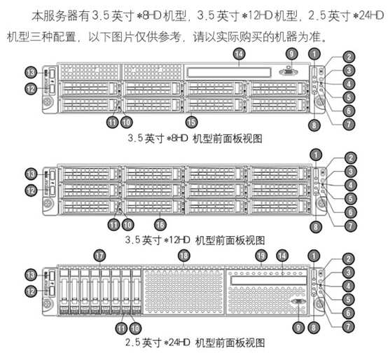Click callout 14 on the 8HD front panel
240,53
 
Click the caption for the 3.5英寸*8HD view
194,138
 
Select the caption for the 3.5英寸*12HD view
194,239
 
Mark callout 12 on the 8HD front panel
30,88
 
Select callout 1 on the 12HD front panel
316,154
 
